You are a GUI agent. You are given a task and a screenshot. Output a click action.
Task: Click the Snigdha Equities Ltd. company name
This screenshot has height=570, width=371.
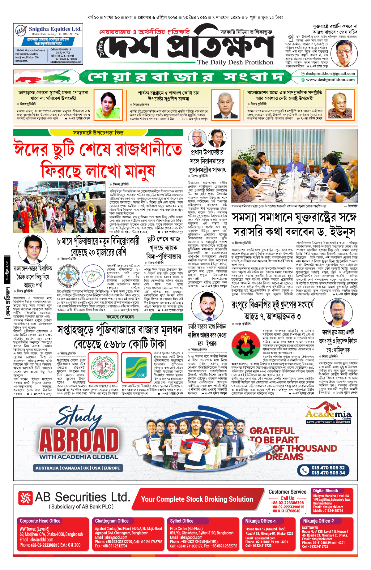click(x=55, y=29)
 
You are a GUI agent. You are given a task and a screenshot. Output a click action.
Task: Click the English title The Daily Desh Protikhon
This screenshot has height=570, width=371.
click(x=235, y=62)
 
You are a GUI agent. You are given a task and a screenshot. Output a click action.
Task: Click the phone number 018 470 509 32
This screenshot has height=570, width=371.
click(x=328, y=468)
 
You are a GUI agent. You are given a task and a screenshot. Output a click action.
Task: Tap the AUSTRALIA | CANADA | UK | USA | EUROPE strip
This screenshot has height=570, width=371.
click(x=78, y=468)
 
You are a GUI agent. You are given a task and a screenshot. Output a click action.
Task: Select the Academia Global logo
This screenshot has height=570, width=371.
click(x=328, y=414)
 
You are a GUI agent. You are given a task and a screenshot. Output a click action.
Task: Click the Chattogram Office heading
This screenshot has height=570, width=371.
click(x=112, y=521)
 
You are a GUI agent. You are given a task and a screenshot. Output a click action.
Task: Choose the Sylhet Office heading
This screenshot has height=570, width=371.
click(x=182, y=521)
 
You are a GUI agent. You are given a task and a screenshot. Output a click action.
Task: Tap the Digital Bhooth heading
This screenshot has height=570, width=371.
click(x=326, y=491)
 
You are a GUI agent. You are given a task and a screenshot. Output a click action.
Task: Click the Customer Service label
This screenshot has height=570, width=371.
click(x=287, y=492)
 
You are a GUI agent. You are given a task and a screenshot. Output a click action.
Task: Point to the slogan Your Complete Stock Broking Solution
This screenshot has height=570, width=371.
click(x=197, y=499)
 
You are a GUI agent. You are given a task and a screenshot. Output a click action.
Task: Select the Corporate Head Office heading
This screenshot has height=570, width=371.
click(x=40, y=521)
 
